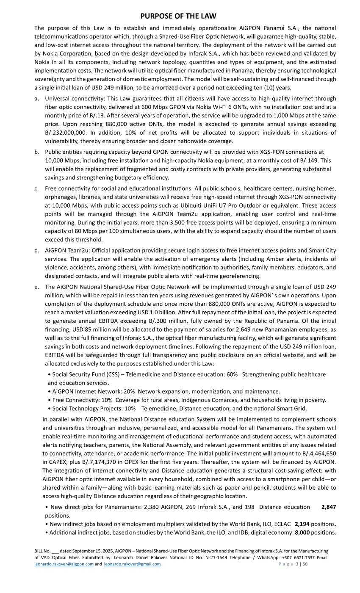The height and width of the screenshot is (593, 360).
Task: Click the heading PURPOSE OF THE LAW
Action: click(x=178, y=16)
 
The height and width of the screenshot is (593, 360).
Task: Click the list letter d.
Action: click(x=37, y=250)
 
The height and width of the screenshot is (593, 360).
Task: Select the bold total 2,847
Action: click(x=329, y=507)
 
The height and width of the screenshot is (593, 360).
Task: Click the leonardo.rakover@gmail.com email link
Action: click(x=132, y=564)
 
